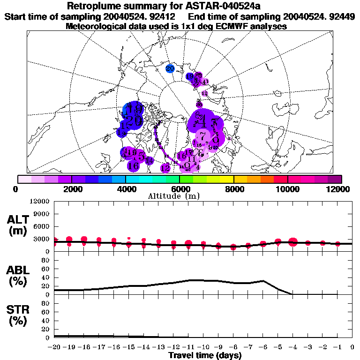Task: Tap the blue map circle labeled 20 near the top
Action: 170,68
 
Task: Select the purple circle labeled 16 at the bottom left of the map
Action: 133,165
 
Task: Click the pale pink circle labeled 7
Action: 202,136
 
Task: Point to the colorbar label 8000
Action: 233,189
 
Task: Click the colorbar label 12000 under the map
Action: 340,189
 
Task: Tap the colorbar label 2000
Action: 71,189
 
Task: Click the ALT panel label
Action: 19,225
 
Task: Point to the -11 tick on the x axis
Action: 188,347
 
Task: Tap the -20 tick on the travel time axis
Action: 54,347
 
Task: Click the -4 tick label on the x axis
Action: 293,347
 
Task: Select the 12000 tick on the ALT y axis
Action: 40,202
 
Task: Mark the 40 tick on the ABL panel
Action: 45,277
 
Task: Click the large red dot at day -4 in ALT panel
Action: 293,242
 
